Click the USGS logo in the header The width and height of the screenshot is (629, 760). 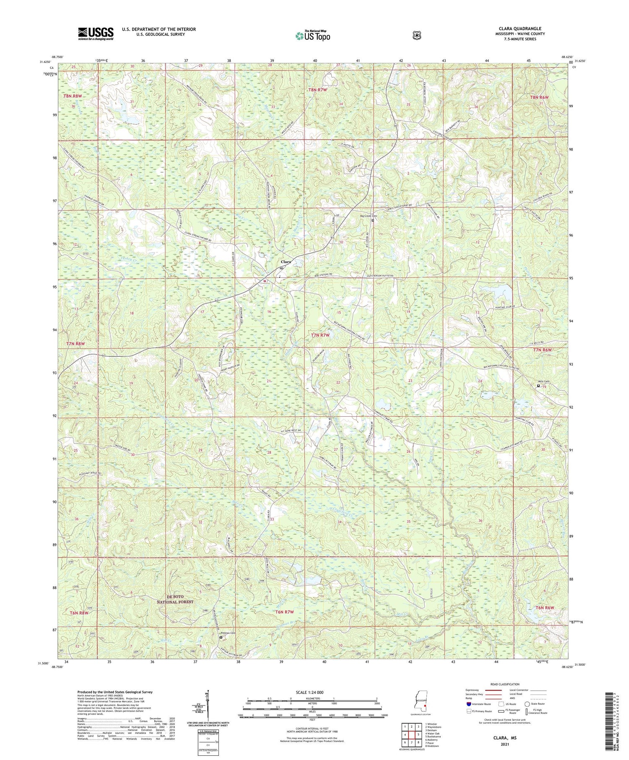(96, 34)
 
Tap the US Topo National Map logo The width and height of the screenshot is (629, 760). (312, 36)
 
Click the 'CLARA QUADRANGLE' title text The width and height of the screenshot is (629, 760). (520, 29)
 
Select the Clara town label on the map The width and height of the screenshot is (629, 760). (286, 262)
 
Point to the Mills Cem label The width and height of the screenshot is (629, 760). (543, 381)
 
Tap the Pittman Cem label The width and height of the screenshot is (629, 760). (229, 633)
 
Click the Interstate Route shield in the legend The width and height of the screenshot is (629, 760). (468, 704)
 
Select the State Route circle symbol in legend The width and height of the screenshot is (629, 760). (527, 704)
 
